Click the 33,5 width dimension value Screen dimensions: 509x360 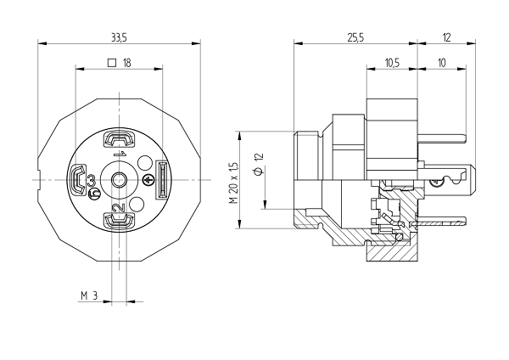[x=119, y=38]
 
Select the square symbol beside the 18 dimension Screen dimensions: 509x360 [x=111, y=62]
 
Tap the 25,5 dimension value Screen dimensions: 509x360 [x=356, y=38]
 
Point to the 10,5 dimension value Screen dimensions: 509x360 [x=392, y=63]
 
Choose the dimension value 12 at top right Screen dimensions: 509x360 [x=447, y=38]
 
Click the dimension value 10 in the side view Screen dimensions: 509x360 [x=442, y=63]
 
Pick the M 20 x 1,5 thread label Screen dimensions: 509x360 [x=234, y=183]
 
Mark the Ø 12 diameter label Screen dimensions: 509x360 [x=259, y=164]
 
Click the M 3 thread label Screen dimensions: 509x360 [x=89, y=295]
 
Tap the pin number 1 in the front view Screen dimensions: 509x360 [x=120, y=154]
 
